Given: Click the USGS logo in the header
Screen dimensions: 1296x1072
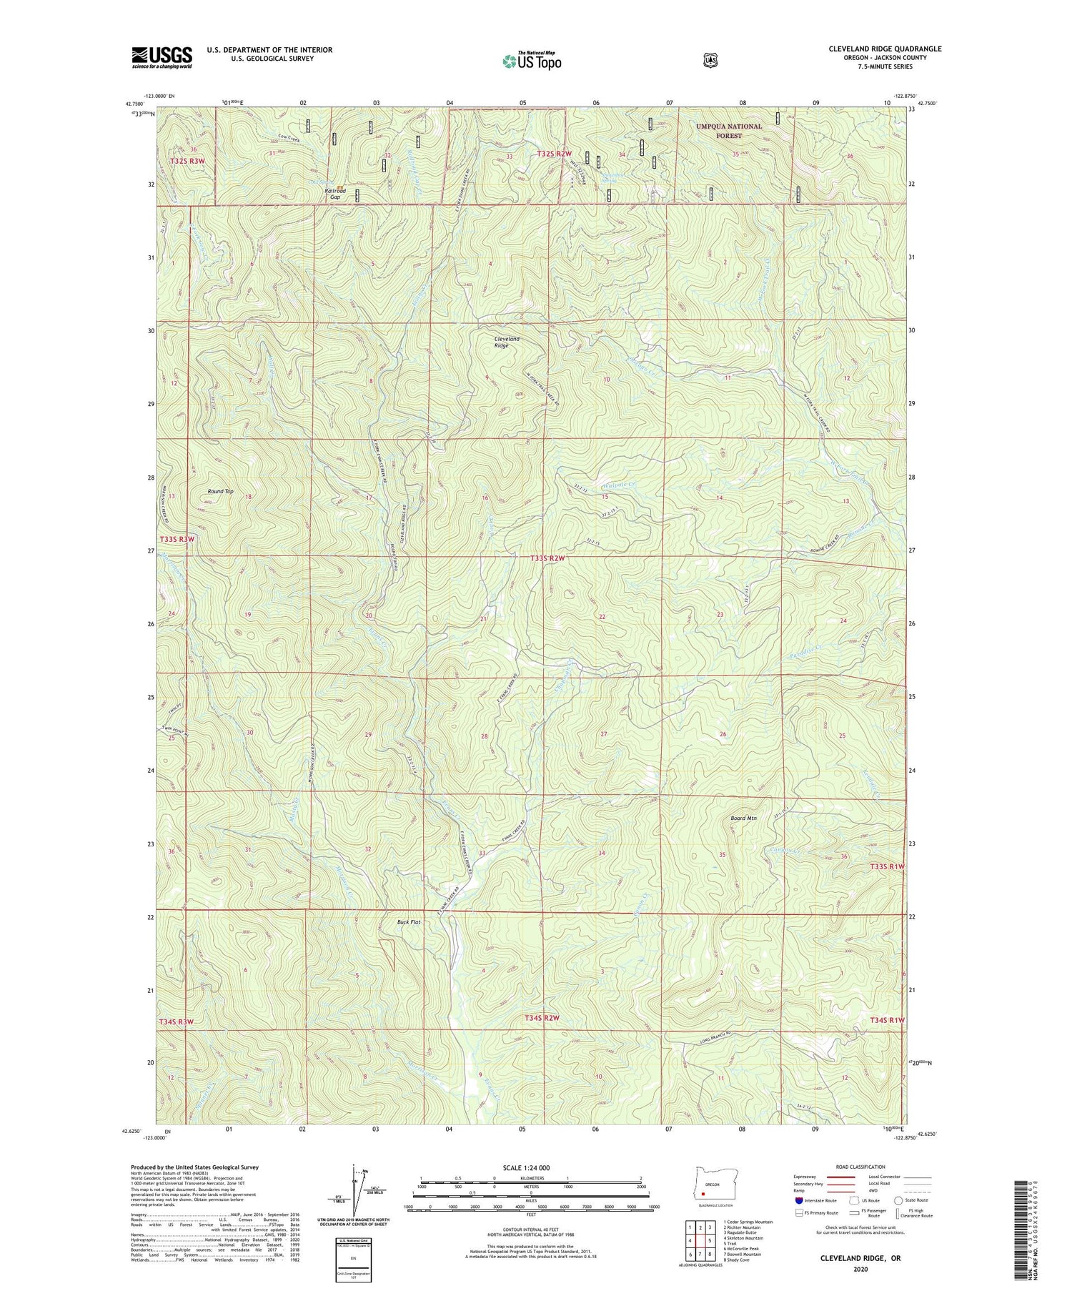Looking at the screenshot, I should [162, 57].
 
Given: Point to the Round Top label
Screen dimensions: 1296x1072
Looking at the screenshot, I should [220, 491].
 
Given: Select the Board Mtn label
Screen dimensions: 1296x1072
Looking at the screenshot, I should [743, 818].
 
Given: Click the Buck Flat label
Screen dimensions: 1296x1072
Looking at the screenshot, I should [409, 922].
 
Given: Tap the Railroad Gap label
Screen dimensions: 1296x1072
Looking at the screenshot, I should [335, 194].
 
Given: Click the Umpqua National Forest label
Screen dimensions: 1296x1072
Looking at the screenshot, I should [729, 130].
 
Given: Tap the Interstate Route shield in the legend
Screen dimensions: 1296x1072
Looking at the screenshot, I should [798, 1200].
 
